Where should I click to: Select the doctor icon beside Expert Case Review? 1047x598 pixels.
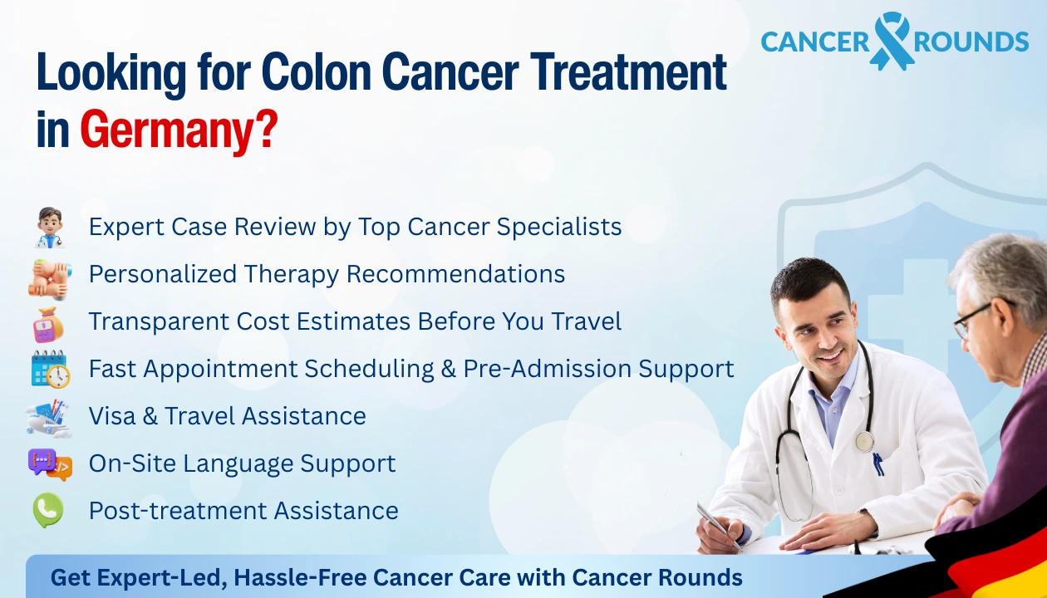point(49,228)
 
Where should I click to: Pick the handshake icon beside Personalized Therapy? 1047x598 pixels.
point(49,275)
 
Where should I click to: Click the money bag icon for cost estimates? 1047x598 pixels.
point(49,322)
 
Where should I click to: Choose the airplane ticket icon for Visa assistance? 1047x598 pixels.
point(49,416)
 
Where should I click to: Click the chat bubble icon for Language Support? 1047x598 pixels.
point(49,463)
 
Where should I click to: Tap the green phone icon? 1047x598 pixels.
point(48,510)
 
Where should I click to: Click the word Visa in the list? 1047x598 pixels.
point(113,416)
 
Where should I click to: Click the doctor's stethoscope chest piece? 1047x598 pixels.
point(865,440)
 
